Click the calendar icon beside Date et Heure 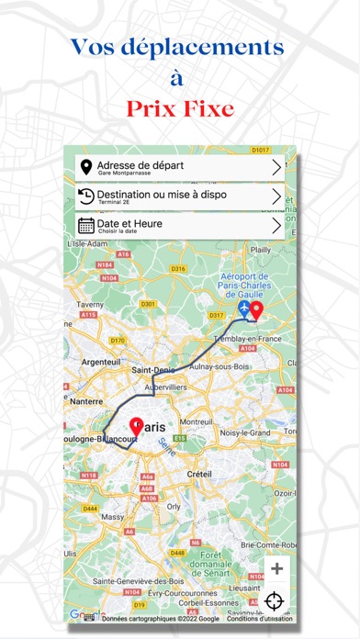tap(86, 226)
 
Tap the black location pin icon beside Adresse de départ tap(86, 167)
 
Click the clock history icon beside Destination tap(86, 196)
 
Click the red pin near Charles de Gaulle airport tap(257, 312)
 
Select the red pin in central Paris tap(139, 426)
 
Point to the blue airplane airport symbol tap(244, 311)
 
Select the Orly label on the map tap(173, 506)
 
